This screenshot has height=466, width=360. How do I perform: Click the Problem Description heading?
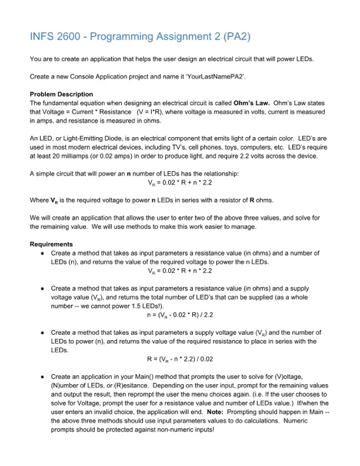point(61,94)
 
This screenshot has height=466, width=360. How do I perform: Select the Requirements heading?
point(54,244)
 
